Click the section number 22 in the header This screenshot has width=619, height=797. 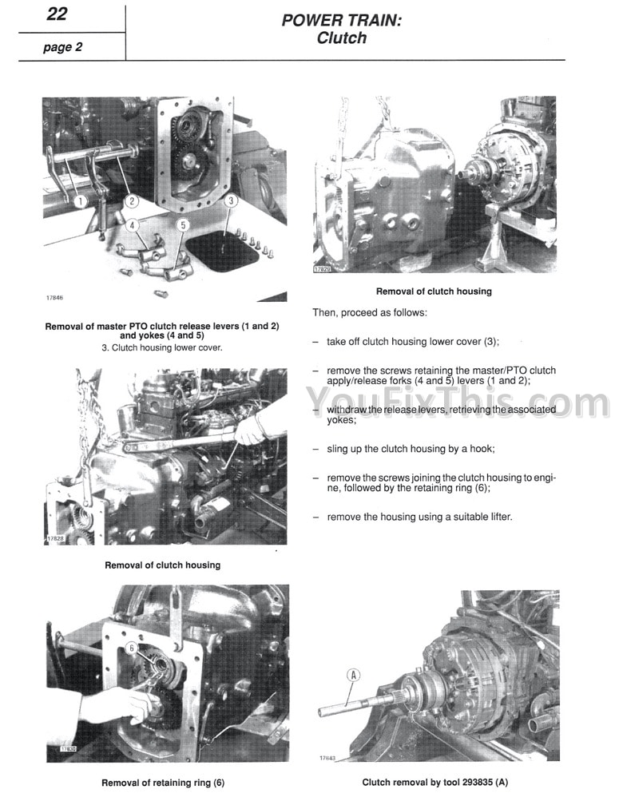(57, 14)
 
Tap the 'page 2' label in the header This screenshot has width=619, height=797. (63, 47)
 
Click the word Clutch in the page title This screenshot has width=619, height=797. (341, 38)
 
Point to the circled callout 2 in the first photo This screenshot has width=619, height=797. (132, 201)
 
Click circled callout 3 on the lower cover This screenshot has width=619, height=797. (231, 201)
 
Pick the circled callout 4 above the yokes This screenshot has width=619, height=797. (132, 225)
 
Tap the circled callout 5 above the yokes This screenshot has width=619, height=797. (182, 225)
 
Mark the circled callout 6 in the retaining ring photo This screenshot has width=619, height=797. (133, 648)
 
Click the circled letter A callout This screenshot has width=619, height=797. (354, 676)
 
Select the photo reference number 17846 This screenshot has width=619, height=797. (54, 298)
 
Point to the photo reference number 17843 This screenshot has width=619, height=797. (326, 758)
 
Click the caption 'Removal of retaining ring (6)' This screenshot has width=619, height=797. (157, 783)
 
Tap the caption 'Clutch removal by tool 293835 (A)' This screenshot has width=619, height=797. (434, 783)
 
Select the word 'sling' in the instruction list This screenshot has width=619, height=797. (339, 449)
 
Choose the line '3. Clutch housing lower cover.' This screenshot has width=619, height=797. (162, 347)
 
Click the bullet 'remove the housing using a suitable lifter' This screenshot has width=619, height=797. (419, 517)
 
